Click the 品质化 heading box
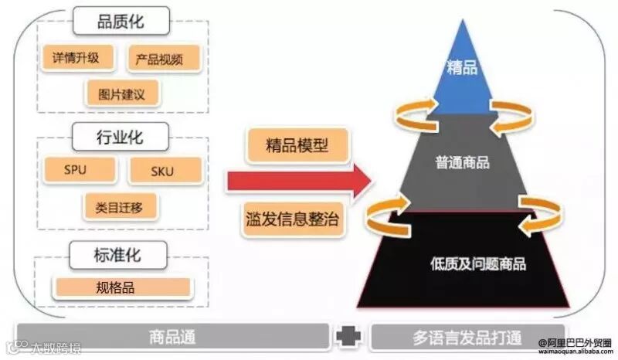coord(121,22)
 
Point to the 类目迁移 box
coord(121,206)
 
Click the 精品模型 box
coord(296,144)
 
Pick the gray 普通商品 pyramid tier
coord(462,163)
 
